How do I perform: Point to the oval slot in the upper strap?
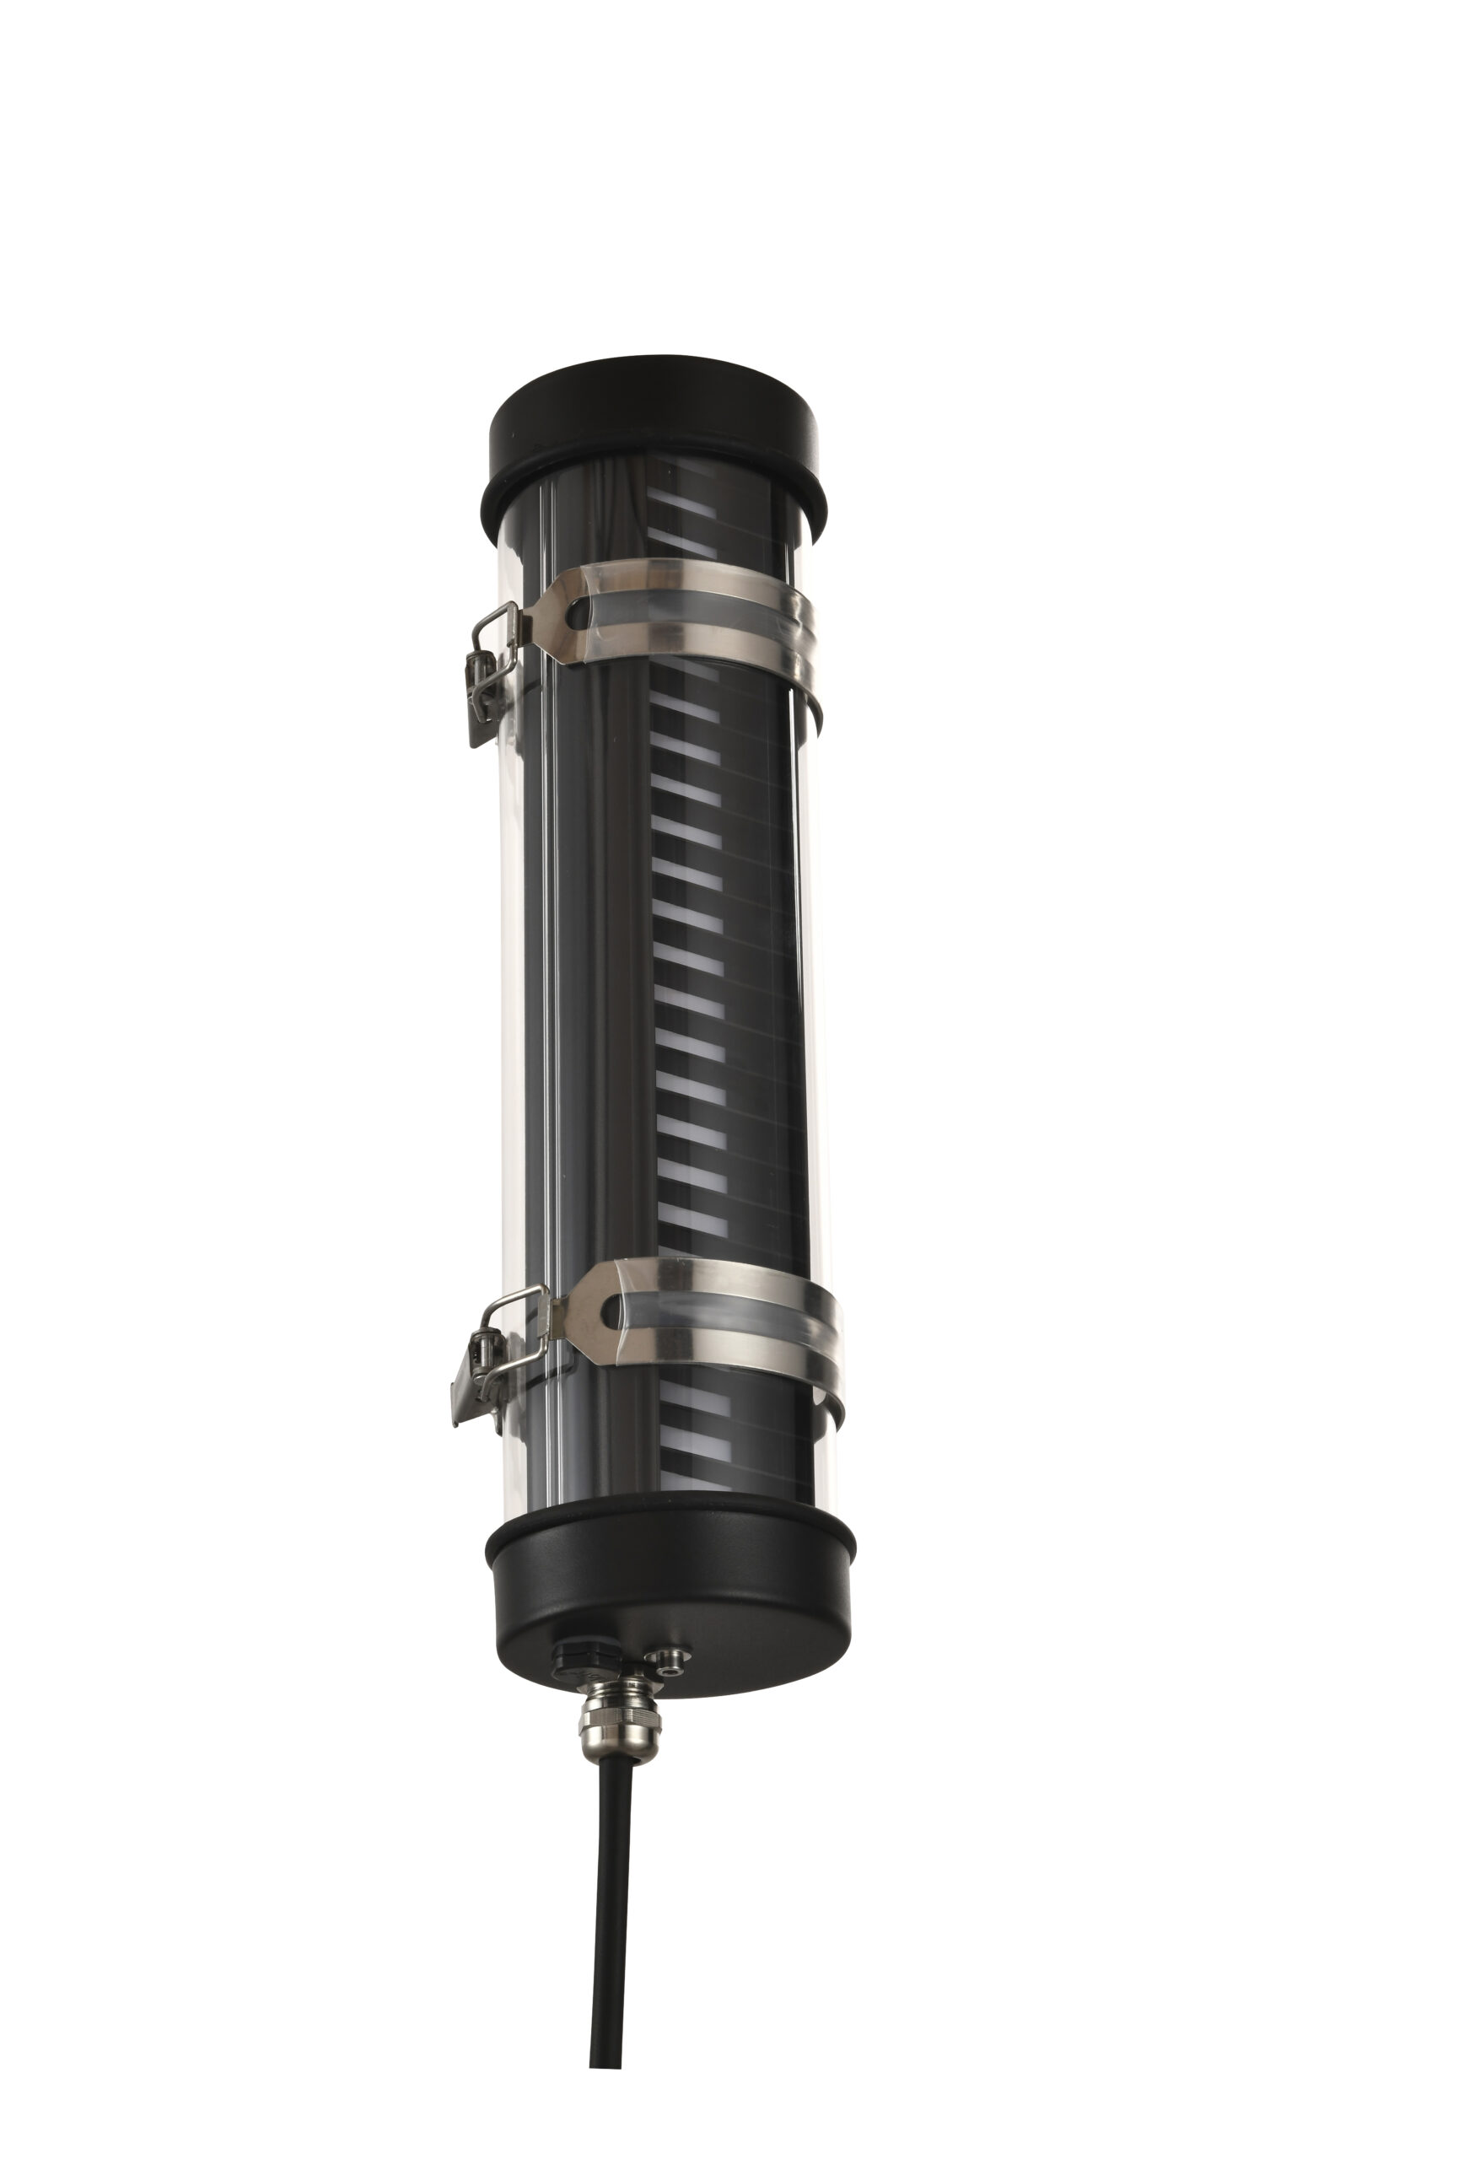point(578,614)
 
